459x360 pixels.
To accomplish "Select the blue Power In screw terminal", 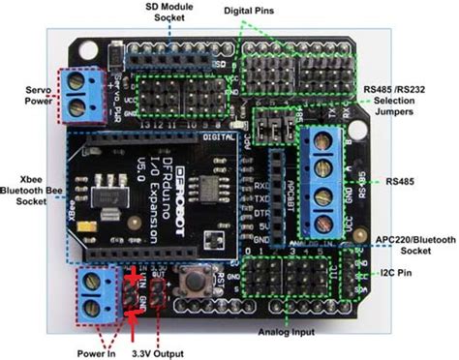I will coord(94,292).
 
